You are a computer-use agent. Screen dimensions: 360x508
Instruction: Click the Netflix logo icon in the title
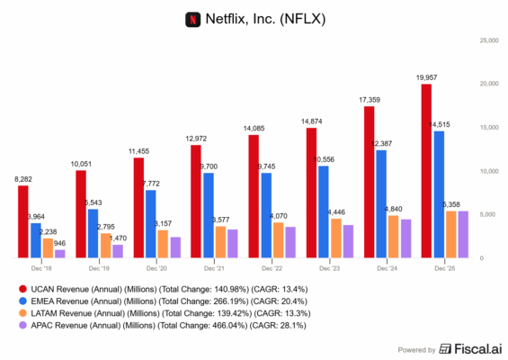[192, 17]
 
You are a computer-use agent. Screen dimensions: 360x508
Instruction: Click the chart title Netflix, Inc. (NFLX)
[265, 17]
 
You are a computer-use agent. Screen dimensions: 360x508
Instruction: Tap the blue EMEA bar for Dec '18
[35, 240]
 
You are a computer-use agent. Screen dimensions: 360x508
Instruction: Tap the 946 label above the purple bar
[60, 243]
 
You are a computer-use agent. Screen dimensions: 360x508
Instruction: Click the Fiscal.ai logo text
[468, 349]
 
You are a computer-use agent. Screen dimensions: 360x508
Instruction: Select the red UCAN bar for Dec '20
[138, 208]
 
